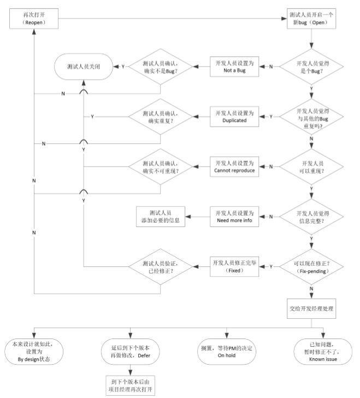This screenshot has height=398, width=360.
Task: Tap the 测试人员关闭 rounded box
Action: (x=84, y=67)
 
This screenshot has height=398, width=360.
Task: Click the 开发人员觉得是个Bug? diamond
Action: (x=311, y=67)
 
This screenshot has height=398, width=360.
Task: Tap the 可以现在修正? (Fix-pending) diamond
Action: (x=311, y=267)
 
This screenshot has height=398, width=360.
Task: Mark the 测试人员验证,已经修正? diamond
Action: (x=161, y=267)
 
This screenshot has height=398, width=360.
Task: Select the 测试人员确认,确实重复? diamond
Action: (x=161, y=117)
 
